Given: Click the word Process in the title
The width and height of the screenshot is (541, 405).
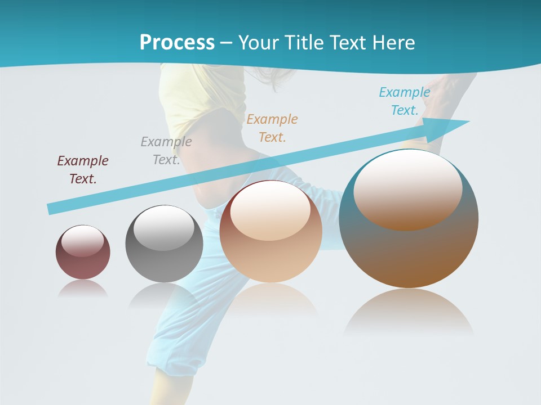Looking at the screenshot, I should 177,43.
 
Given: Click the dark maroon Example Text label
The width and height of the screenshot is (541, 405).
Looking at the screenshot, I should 83,170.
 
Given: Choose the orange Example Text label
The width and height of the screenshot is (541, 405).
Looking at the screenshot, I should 272,128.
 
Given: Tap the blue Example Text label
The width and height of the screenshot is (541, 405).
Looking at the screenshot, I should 405,101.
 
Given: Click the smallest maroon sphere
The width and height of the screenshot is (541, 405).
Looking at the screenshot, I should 83,264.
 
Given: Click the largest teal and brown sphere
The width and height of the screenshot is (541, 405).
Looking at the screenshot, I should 409,253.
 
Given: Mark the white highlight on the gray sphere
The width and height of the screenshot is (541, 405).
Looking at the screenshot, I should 164,229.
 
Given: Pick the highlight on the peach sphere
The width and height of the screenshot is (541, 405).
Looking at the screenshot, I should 270,211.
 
